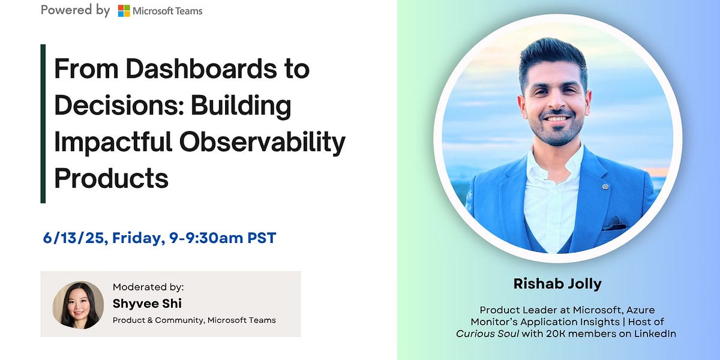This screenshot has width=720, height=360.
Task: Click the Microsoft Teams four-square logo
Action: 124,11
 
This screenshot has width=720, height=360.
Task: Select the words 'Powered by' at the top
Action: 75,10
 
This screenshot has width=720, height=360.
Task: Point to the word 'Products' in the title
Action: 111,178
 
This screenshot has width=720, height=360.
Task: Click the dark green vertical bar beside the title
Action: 43,124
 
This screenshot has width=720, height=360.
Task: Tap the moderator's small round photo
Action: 78,304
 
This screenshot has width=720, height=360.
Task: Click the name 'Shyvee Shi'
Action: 147,304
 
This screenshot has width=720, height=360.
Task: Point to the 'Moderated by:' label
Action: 148,287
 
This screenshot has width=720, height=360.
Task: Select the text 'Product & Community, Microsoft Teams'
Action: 194,320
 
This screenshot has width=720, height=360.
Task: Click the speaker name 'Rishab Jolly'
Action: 557,284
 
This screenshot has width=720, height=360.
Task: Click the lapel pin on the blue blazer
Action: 605,187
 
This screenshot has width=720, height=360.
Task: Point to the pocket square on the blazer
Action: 613,226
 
